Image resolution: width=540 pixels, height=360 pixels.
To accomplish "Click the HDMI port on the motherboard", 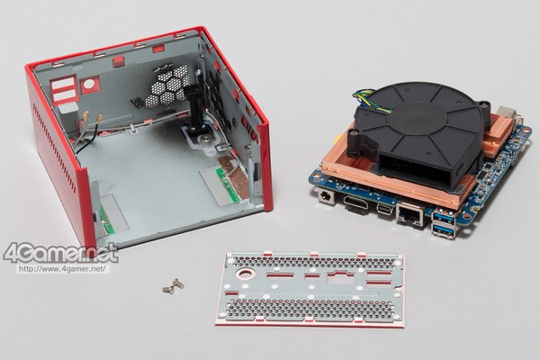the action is click(x=357, y=202).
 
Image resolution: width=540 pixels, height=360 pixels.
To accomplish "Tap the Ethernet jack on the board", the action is click(x=411, y=214).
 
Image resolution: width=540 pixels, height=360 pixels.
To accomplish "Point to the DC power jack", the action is click(x=326, y=197).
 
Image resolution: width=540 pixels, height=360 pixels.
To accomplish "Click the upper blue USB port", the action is click(x=444, y=217).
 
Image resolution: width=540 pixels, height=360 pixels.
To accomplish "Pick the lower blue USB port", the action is click(x=443, y=231).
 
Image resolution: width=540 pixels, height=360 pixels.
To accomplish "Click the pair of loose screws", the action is click(x=173, y=286).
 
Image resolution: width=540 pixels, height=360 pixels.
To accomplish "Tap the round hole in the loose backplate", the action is click(x=245, y=274).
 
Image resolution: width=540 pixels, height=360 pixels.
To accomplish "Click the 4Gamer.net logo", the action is click(x=60, y=254).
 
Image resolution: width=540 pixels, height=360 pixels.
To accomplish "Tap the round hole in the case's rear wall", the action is click(x=89, y=84).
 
